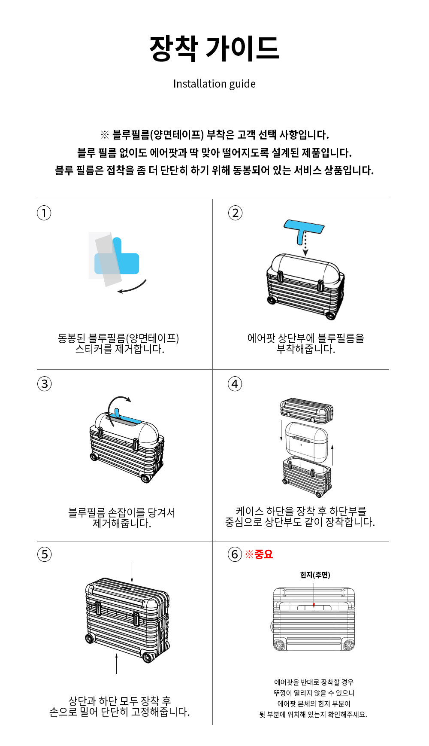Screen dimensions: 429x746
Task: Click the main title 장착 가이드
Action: click(214, 48)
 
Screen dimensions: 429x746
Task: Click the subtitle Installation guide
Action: click(214, 84)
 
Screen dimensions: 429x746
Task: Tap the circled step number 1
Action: click(44, 213)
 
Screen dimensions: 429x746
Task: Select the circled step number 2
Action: click(235, 213)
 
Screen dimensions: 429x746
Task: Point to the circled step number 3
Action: click(45, 384)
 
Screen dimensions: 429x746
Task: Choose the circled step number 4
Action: click(235, 384)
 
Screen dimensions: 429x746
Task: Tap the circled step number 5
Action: click(45, 554)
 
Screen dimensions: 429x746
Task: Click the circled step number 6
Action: click(235, 554)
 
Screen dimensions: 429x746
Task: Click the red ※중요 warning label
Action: click(259, 554)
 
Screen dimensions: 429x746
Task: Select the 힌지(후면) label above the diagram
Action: click(315, 575)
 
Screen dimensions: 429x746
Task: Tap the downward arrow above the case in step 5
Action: click(132, 572)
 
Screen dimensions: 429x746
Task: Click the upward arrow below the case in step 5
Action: click(116, 664)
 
